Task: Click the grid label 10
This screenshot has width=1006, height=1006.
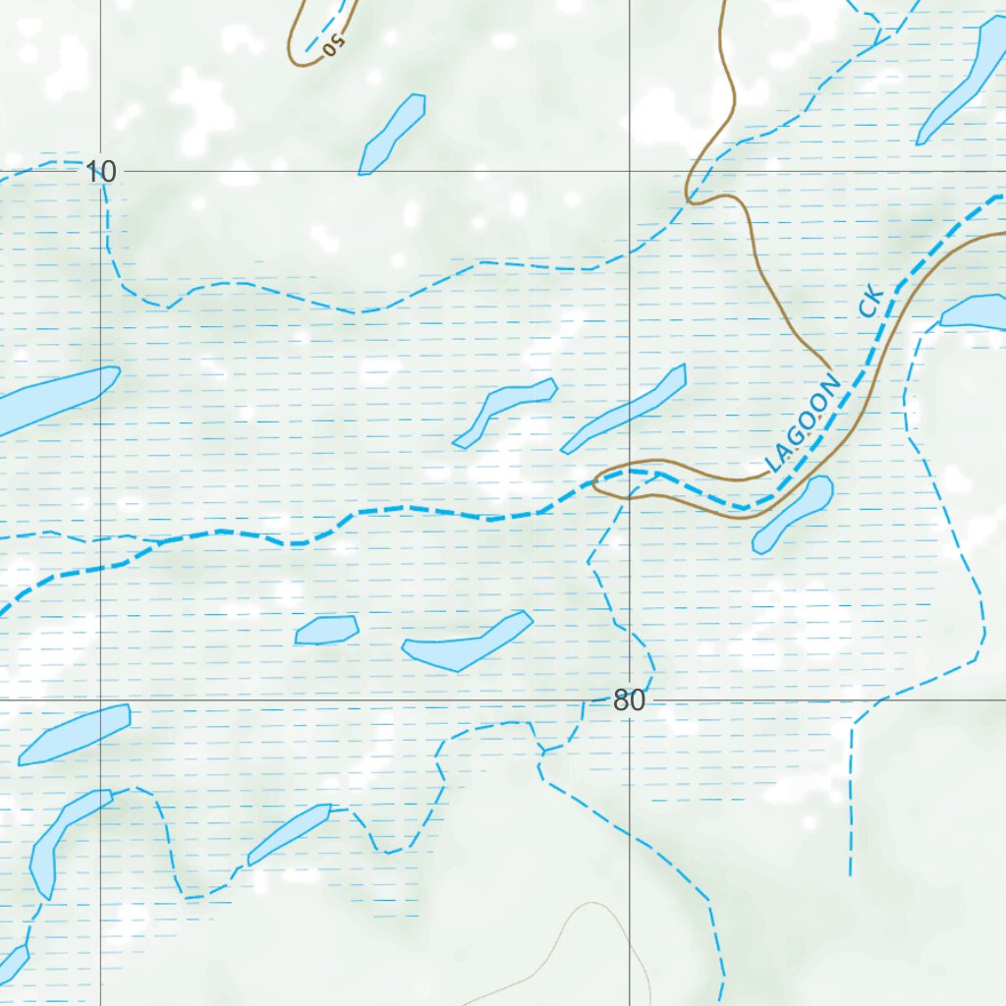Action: [100, 173]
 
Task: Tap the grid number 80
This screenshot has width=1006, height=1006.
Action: [629, 701]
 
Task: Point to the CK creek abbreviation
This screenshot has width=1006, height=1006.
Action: [871, 301]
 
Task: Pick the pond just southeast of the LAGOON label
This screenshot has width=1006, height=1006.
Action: [793, 514]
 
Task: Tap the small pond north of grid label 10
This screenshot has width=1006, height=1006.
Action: [392, 135]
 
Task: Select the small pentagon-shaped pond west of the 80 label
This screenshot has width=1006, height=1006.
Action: [327, 630]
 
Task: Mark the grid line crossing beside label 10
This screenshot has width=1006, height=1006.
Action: [101, 172]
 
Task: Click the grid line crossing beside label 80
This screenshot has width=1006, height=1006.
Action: [630, 700]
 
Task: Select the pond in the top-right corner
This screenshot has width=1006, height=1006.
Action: [963, 84]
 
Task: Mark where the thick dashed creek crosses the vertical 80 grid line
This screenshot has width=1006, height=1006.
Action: [630, 473]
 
